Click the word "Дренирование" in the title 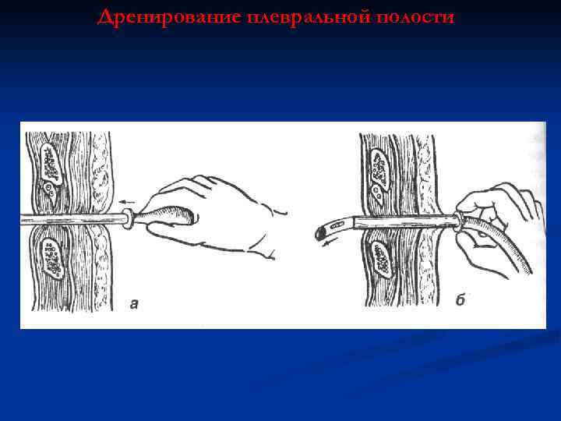pyautogui.click(x=168, y=17)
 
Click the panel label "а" pyautogui.click(x=134, y=304)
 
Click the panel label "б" pyautogui.click(x=460, y=301)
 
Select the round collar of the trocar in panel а pyautogui.click(x=126, y=219)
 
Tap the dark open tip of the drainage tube pyautogui.click(x=320, y=232)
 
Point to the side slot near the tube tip pyautogui.click(x=337, y=227)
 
